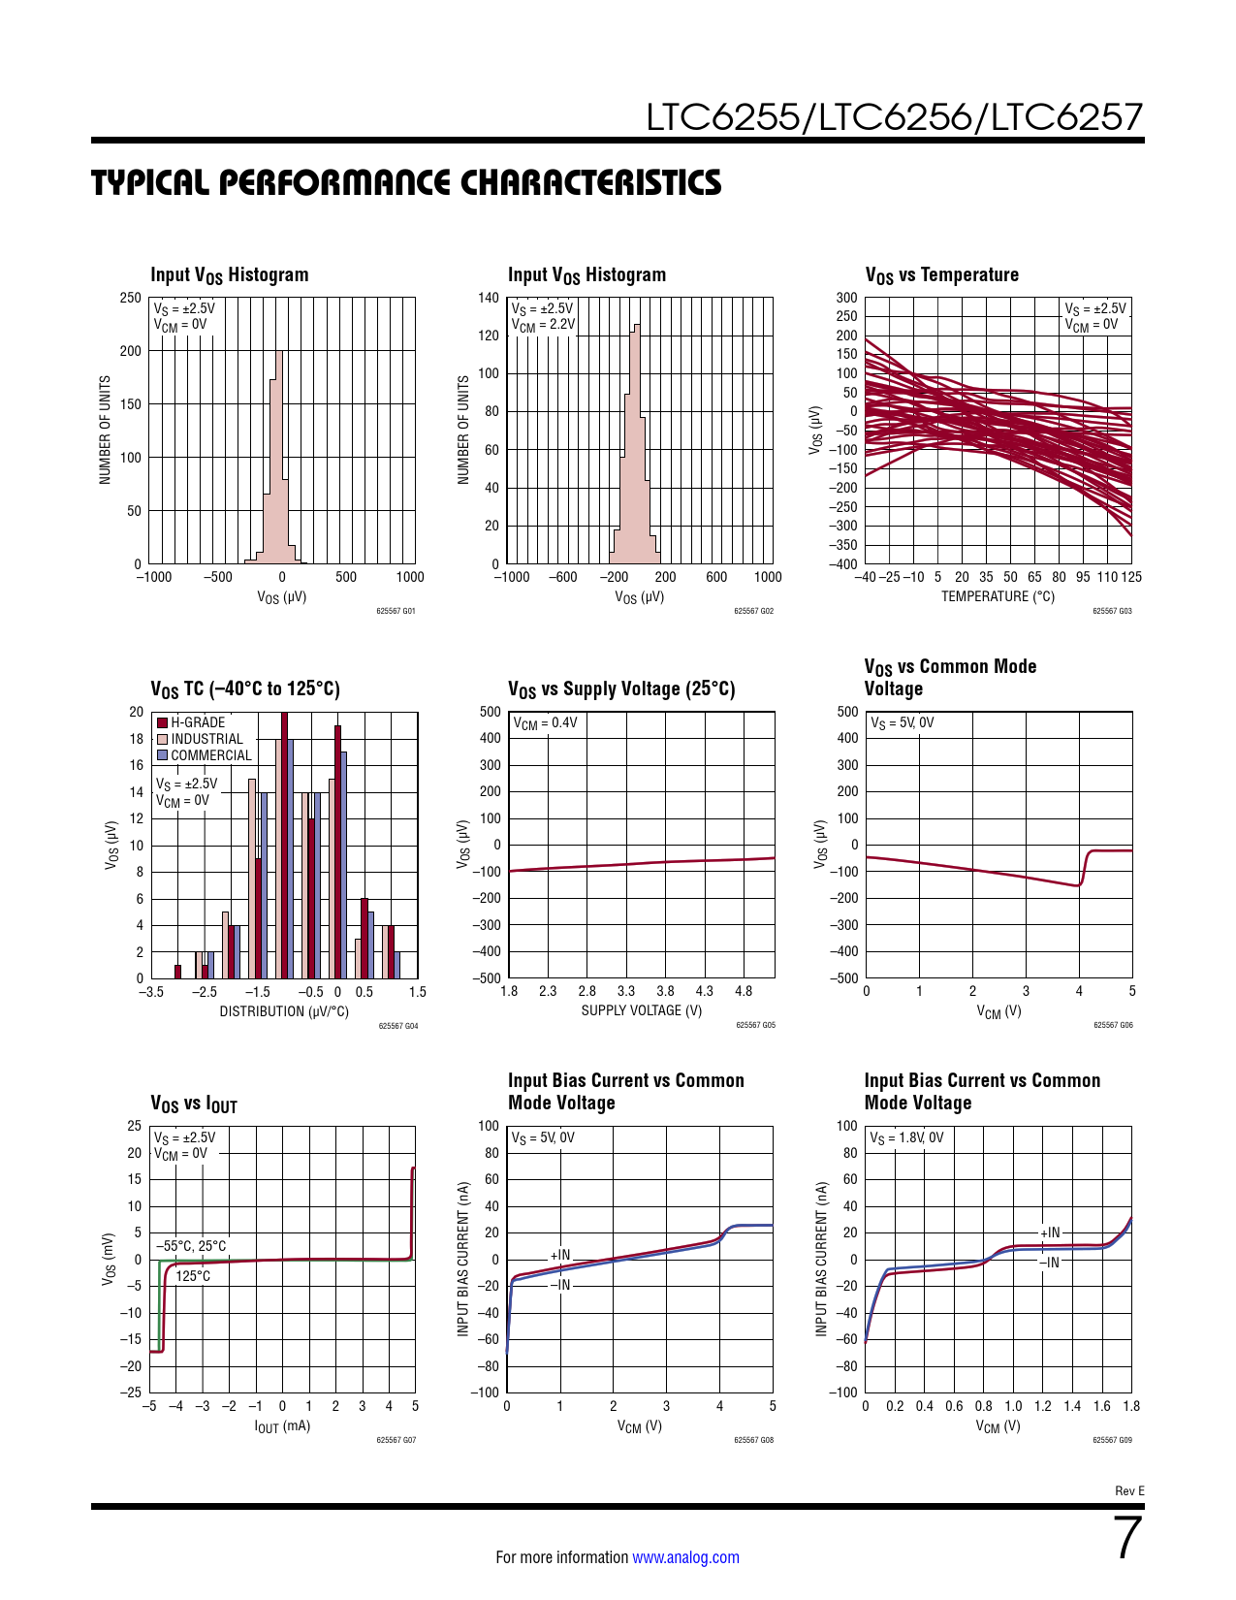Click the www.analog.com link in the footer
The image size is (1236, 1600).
[685, 1557]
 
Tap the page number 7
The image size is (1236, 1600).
[1127, 1539]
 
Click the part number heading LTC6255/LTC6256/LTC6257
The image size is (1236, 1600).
[894, 117]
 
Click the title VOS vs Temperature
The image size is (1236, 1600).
[941, 275]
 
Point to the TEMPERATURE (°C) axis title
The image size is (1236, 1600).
[997, 596]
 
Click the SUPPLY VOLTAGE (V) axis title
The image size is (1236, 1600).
[641, 1010]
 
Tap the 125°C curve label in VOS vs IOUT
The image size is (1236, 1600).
[193, 1276]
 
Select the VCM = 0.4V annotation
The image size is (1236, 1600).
[545, 723]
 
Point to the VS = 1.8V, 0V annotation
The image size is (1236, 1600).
[905, 1137]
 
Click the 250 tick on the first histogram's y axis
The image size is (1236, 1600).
[131, 298]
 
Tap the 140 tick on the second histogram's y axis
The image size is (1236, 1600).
[489, 298]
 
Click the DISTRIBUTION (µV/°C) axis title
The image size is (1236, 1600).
[284, 1011]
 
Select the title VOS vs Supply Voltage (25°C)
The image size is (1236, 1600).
[621, 689]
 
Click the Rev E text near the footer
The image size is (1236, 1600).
[1129, 1490]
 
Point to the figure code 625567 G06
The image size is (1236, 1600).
[1112, 1025]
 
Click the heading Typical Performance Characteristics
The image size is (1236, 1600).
[406, 183]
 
